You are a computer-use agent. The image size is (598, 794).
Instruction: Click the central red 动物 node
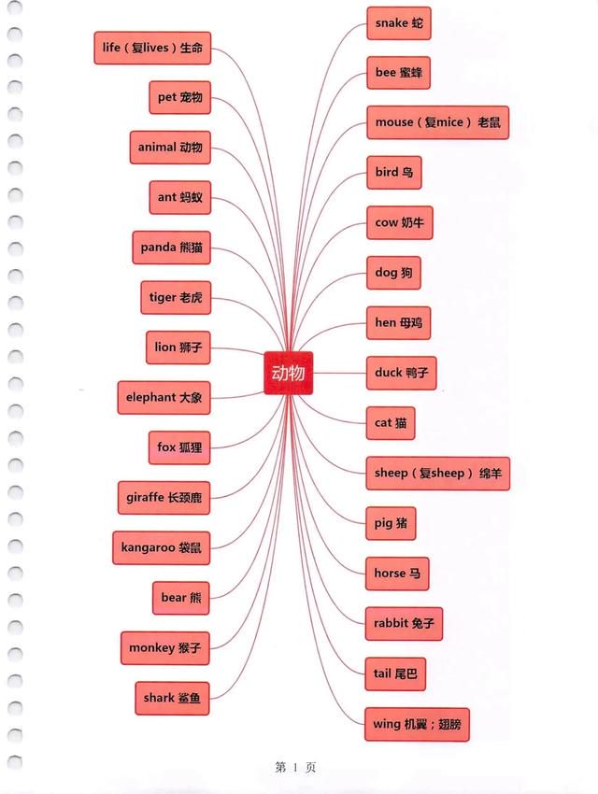(x=288, y=373)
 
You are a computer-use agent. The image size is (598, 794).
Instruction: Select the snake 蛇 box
(x=399, y=23)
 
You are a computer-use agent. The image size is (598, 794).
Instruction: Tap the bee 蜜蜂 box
(x=398, y=73)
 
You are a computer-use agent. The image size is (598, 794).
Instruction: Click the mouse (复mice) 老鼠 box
(x=437, y=122)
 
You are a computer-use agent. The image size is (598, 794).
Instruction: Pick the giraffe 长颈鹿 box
(x=164, y=498)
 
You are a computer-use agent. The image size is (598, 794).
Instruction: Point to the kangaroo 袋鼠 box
(x=161, y=548)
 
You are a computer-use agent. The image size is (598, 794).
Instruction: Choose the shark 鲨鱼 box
(x=172, y=699)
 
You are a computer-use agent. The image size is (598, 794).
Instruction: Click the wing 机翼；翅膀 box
(x=418, y=725)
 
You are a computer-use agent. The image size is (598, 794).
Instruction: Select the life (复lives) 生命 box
(x=152, y=48)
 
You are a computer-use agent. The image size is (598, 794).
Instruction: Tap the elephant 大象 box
(x=164, y=398)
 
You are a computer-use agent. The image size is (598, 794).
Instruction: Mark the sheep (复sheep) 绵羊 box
(x=438, y=474)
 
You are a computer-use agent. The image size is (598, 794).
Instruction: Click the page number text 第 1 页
(x=295, y=767)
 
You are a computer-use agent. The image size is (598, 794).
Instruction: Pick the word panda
(x=158, y=248)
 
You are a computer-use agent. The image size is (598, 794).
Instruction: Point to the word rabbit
(x=391, y=623)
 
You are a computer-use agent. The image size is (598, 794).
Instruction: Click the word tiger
(x=163, y=298)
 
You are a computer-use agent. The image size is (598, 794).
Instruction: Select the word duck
(x=389, y=373)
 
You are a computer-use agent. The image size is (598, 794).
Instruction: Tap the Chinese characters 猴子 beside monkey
(x=190, y=648)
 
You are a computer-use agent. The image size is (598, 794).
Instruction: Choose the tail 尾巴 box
(x=395, y=674)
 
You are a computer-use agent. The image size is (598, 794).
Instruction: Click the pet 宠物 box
(x=179, y=97)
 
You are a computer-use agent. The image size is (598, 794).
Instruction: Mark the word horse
(x=390, y=574)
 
